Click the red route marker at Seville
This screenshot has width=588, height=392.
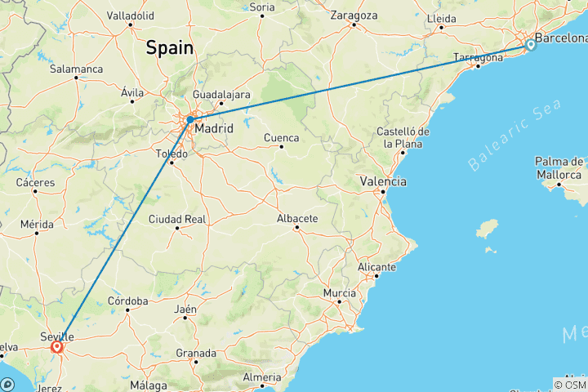point(56,347)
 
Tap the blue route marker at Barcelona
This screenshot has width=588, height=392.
point(531,45)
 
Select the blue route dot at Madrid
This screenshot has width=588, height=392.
point(189,119)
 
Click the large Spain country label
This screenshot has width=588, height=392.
point(170,48)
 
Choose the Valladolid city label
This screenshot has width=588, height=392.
point(130,15)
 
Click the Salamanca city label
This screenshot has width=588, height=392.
point(76,69)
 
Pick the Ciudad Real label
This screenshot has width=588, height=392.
point(176,219)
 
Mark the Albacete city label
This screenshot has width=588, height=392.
point(297,218)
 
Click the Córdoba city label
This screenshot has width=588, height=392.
point(128,301)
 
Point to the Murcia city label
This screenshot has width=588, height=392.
point(339,292)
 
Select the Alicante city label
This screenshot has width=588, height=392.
point(376,267)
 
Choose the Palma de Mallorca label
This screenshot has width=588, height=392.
point(559,167)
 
